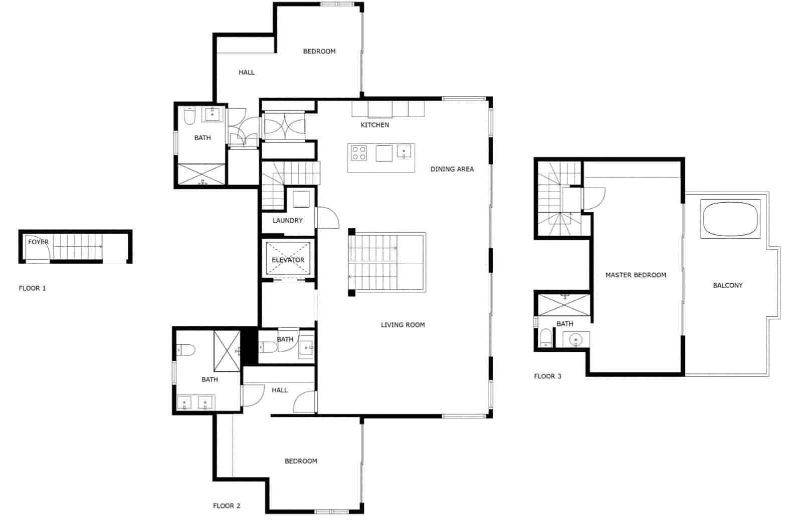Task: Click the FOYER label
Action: click(x=38, y=242)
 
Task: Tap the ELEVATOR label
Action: click(x=288, y=260)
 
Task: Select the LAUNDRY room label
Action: click(x=287, y=220)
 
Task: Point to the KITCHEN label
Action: click(x=374, y=125)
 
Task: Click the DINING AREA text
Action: click(x=452, y=169)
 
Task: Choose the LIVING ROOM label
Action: click(x=403, y=324)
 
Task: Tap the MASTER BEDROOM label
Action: click(x=636, y=275)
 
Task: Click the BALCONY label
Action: click(x=727, y=285)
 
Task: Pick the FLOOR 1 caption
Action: click(x=32, y=288)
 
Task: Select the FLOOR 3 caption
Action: click(x=547, y=376)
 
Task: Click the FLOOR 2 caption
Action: click(x=227, y=505)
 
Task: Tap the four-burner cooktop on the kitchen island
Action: click(x=359, y=153)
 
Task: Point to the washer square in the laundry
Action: click(x=301, y=199)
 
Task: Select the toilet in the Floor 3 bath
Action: click(x=546, y=337)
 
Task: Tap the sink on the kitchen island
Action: click(x=404, y=151)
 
